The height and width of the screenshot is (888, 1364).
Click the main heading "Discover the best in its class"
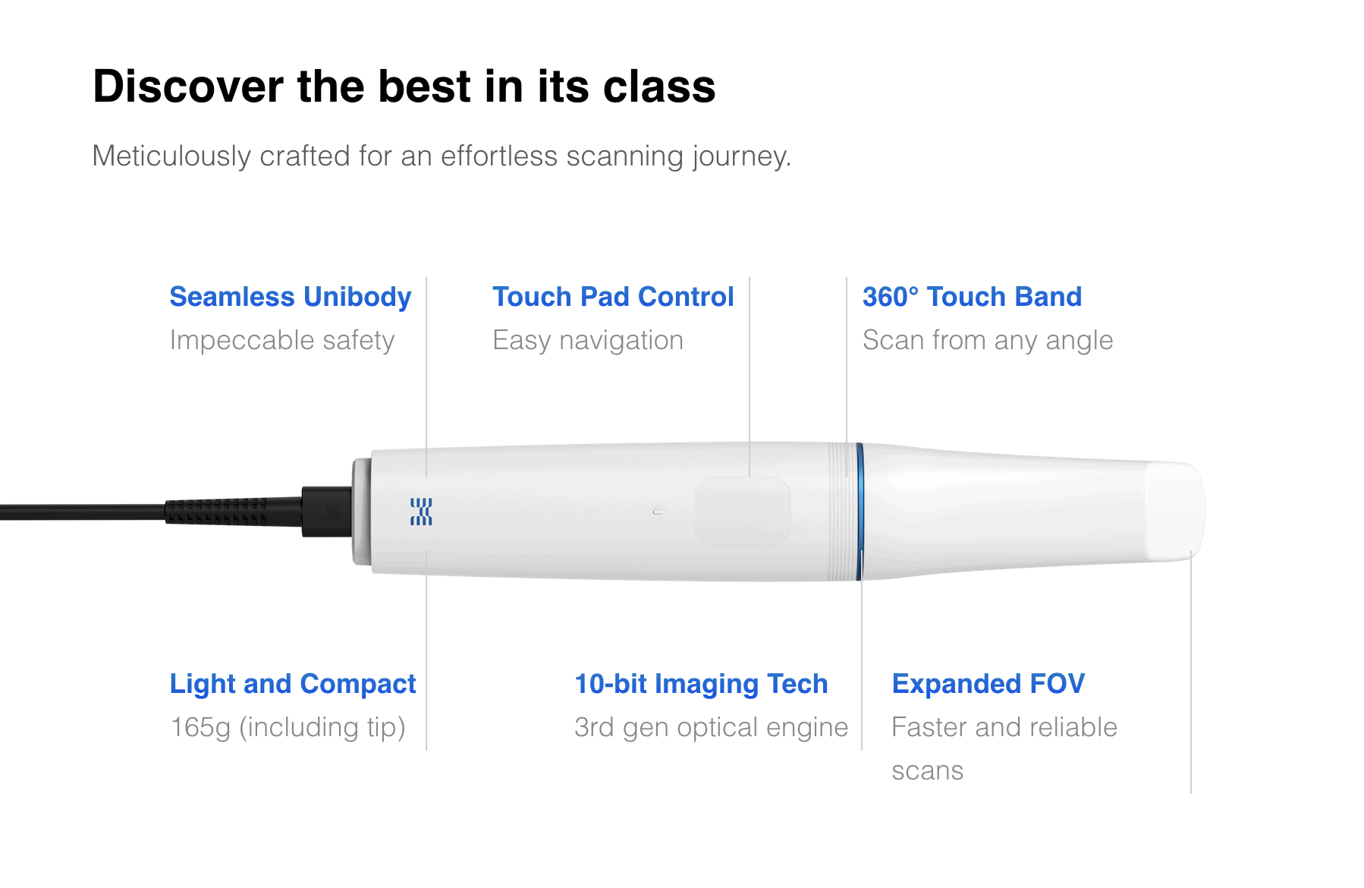pyautogui.click(x=404, y=86)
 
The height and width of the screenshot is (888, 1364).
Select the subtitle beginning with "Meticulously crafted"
pyautogui.click(x=442, y=156)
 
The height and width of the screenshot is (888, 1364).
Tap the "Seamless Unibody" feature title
pyautogui.click(x=291, y=297)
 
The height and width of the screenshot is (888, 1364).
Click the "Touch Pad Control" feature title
pyautogui.click(x=613, y=297)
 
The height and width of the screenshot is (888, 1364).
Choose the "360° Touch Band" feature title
pyautogui.click(x=972, y=297)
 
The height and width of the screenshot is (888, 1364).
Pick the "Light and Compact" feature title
pyautogui.click(x=293, y=684)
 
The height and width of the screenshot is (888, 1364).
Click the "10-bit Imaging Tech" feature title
pyautogui.click(x=701, y=684)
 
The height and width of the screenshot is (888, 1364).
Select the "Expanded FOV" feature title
pyautogui.click(x=988, y=684)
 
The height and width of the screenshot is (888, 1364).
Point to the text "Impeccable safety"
pyautogui.click(x=282, y=341)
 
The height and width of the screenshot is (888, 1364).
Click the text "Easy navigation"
pyautogui.click(x=588, y=341)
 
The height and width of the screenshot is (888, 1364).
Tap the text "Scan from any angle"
pyautogui.click(x=988, y=341)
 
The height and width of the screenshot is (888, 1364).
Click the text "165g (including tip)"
pyautogui.click(x=288, y=728)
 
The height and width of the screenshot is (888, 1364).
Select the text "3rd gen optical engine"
pyautogui.click(x=712, y=728)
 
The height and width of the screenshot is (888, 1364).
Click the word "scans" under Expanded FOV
pyautogui.click(x=928, y=771)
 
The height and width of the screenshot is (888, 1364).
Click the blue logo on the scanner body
pyautogui.click(x=421, y=512)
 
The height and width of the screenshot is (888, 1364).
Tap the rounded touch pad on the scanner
pyautogui.click(x=743, y=511)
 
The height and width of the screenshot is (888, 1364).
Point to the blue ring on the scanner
pyautogui.click(x=860, y=512)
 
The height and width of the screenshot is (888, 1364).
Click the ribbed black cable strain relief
pyautogui.click(x=216, y=512)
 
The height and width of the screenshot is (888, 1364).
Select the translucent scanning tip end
pyautogui.click(x=1174, y=512)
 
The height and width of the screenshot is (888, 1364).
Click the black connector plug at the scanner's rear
pyautogui.click(x=327, y=512)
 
